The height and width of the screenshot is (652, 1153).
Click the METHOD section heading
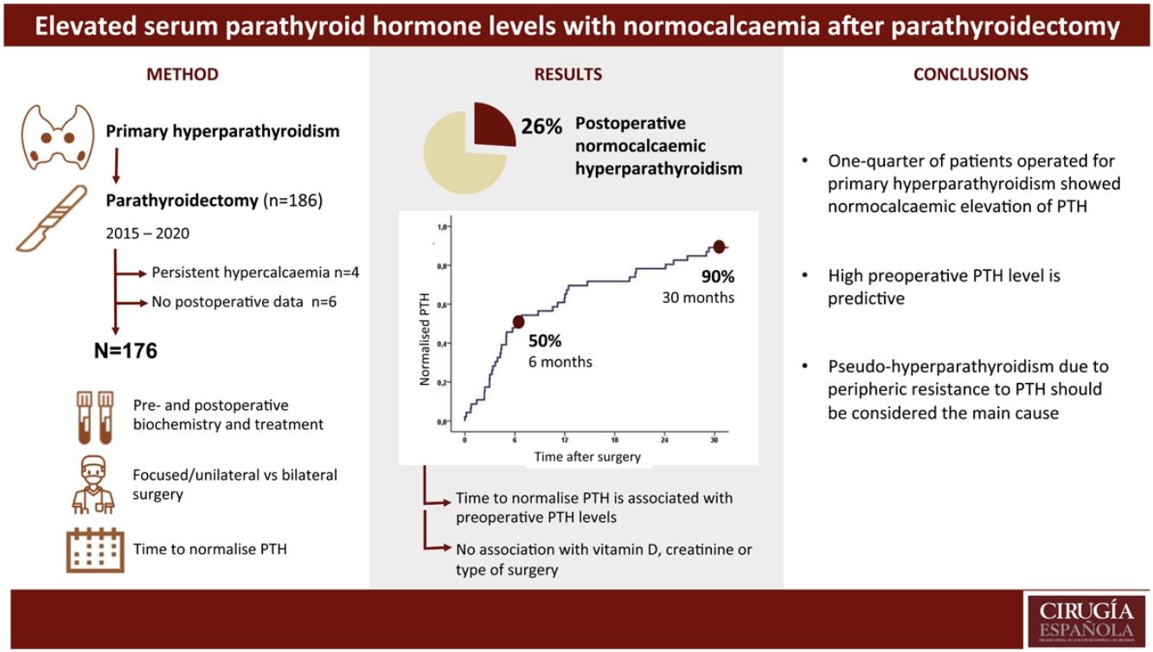[182, 74]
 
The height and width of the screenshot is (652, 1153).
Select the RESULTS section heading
[568, 74]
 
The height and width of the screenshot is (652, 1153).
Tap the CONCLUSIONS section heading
[970, 74]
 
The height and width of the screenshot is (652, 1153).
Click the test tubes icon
[94, 415]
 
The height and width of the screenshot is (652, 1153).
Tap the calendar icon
[94, 548]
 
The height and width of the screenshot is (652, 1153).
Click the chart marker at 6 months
[518, 322]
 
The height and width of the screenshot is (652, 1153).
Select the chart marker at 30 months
[719, 247]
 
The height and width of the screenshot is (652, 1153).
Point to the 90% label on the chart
[717, 277]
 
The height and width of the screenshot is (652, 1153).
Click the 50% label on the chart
[545, 341]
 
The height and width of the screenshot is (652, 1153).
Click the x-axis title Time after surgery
[587, 456]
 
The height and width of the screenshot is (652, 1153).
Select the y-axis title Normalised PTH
[425, 338]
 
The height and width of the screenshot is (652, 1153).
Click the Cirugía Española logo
[1086, 620]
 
